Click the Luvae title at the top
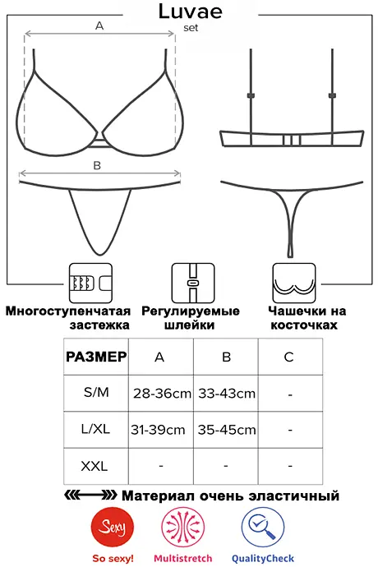191,12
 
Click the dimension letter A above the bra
99,25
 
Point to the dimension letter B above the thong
97,165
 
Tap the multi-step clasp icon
90,283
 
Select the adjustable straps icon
193,283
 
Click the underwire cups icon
294,283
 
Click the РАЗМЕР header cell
96,357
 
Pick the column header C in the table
288,357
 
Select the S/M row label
96,392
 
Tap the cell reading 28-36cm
162,394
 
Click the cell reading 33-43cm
227,394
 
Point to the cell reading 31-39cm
158,430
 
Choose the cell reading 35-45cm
227,430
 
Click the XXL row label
94,466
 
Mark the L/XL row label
95,429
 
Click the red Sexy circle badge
113,528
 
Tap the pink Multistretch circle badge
183,528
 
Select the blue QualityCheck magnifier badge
263,528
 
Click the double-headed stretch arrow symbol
90,495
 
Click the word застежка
99,325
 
